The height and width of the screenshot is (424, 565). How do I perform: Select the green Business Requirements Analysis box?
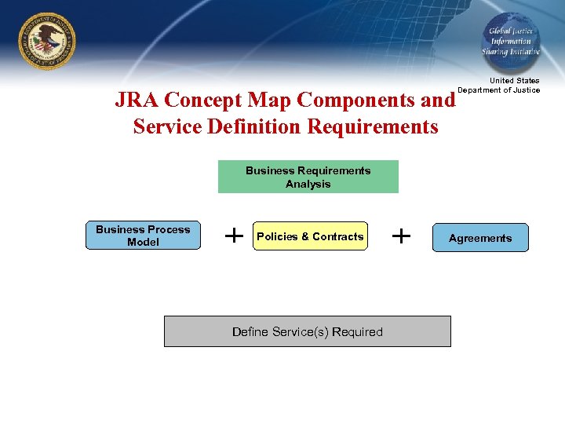pos(308,177)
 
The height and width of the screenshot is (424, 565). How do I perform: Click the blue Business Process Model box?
pos(143,236)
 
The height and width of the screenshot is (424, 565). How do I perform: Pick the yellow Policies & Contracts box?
pos(310,236)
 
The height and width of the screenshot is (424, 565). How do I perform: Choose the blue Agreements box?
pos(480,238)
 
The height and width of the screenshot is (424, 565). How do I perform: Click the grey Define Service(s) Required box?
pos(307,331)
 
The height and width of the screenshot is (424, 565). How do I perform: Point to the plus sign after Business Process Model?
pos(233,235)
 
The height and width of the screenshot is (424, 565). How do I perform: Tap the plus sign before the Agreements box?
pos(401,235)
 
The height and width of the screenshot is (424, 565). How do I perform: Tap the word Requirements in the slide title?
pos(373,126)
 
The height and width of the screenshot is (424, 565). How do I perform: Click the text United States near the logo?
pos(514,81)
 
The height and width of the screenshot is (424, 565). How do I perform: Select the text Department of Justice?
pos(499,90)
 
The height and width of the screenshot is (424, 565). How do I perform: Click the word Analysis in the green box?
pos(308,185)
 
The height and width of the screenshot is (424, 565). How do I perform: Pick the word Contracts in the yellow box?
pos(337,236)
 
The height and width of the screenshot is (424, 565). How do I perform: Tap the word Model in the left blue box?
pos(143,243)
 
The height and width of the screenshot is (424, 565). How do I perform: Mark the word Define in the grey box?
pos(250,332)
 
